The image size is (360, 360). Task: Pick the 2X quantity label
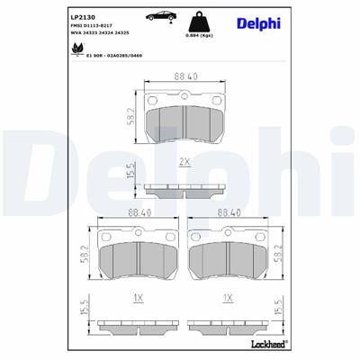pos(186,162)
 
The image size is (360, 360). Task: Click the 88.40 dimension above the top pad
pos(186,77)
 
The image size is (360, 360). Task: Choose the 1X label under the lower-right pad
pos(230,298)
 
